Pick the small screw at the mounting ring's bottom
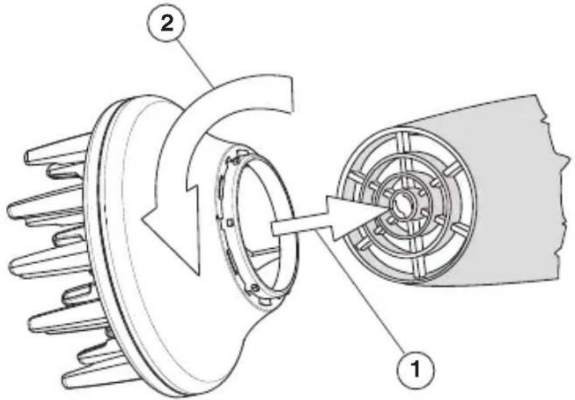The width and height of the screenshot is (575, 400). [254, 288]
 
